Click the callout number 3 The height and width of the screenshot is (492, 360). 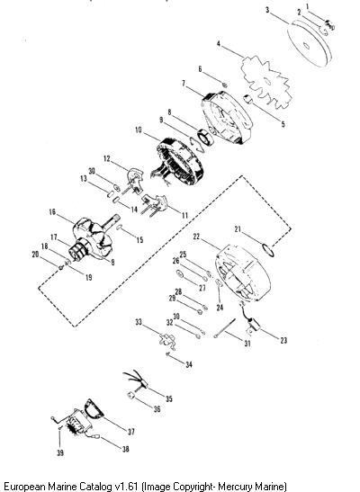coord(267,10)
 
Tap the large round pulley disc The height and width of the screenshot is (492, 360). coord(310,43)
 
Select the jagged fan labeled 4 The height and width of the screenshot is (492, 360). coord(266,82)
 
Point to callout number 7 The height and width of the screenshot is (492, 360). coord(184,83)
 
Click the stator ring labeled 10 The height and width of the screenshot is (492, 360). coord(180,161)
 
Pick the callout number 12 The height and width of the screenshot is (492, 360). coord(107,159)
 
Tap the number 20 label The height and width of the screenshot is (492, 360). coord(35,254)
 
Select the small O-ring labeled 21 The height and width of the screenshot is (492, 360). coord(268,250)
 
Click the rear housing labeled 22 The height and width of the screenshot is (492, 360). coord(243,273)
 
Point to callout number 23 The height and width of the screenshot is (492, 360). coord(283,340)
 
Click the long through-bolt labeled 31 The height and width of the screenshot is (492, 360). coord(225,328)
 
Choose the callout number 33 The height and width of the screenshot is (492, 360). coord(139,322)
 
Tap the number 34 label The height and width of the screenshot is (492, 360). coord(189,364)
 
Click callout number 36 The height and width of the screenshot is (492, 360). coord(157,409)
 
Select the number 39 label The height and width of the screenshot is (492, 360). coord(60,452)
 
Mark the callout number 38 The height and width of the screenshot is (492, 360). coord(125,449)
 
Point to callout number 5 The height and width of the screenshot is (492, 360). coord(283,124)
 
